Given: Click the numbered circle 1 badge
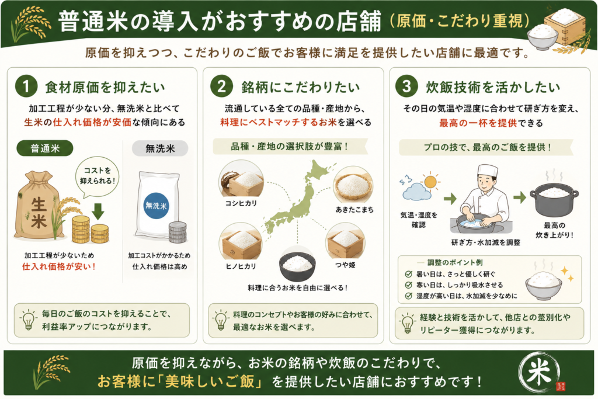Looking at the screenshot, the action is (x=26, y=86).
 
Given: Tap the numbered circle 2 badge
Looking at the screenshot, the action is (x=221, y=86).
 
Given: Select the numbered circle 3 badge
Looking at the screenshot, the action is (x=406, y=86).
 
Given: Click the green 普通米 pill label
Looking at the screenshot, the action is (x=45, y=148).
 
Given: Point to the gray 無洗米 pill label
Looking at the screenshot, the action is (x=160, y=148).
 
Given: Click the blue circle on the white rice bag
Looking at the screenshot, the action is (x=157, y=206).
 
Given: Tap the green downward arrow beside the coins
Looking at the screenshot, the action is (x=98, y=211).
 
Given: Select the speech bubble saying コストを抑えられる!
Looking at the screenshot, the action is (x=98, y=176).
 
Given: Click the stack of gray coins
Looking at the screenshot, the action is (x=178, y=233).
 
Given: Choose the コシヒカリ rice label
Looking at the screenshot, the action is (x=241, y=203).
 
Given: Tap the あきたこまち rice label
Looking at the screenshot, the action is (x=354, y=209).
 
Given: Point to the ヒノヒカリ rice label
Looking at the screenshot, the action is (x=241, y=266).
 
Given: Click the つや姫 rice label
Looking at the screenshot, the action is (x=346, y=265).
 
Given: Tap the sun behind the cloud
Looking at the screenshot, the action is (x=430, y=182).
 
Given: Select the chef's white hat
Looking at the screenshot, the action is (x=488, y=172).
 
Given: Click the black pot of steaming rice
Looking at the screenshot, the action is (x=554, y=200).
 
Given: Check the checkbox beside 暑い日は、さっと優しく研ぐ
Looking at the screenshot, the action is (x=408, y=274).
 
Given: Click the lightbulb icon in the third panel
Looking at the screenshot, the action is (x=407, y=324).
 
